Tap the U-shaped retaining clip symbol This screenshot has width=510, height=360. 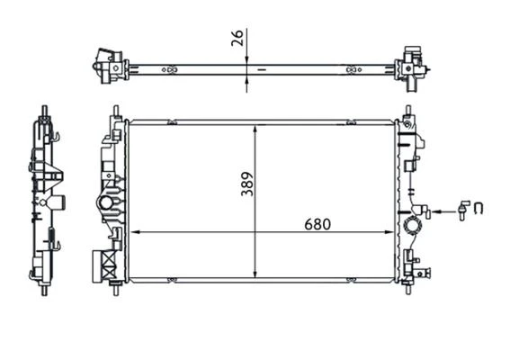479,210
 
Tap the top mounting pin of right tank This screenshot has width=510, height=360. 409,112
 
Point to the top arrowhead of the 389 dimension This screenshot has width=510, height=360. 258,127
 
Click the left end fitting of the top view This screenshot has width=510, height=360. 110,65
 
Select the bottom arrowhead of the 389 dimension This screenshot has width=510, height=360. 258,274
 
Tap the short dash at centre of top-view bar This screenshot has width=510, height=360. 262,68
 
